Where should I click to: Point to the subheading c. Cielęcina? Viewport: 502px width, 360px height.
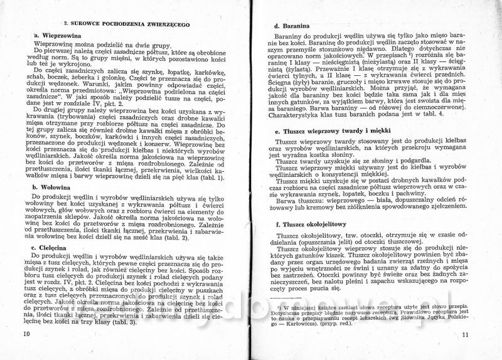[x=51, y=248]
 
